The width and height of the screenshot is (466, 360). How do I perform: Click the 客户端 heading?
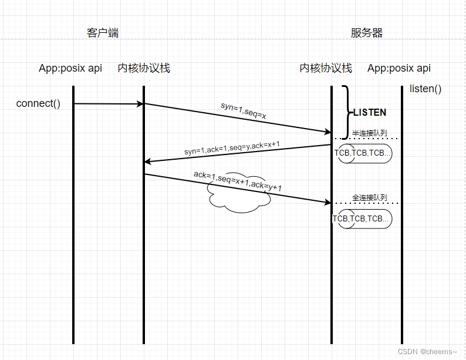click(x=103, y=33)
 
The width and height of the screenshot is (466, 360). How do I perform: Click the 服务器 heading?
click(x=367, y=33)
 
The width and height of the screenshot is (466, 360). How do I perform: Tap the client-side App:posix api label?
click(x=70, y=68)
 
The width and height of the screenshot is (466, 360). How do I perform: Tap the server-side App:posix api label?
click(x=399, y=68)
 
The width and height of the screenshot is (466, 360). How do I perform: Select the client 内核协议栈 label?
click(x=144, y=68)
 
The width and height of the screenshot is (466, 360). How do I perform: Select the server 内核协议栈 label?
click(x=326, y=68)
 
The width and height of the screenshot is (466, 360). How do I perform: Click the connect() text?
click(x=38, y=104)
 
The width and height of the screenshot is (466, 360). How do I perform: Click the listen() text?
click(x=426, y=89)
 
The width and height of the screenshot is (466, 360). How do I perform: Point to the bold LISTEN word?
click(x=370, y=112)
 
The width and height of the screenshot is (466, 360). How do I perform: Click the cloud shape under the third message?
click(x=238, y=197)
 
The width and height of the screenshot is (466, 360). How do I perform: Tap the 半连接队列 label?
click(x=370, y=133)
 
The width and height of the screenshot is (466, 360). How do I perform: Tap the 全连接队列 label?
click(x=370, y=197)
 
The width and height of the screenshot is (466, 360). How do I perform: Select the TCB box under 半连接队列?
click(x=363, y=153)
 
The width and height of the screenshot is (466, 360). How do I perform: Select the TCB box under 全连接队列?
click(x=362, y=218)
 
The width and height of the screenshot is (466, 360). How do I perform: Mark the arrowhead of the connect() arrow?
click(x=140, y=104)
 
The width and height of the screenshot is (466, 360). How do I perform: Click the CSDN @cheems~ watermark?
click(x=427, y=351)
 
